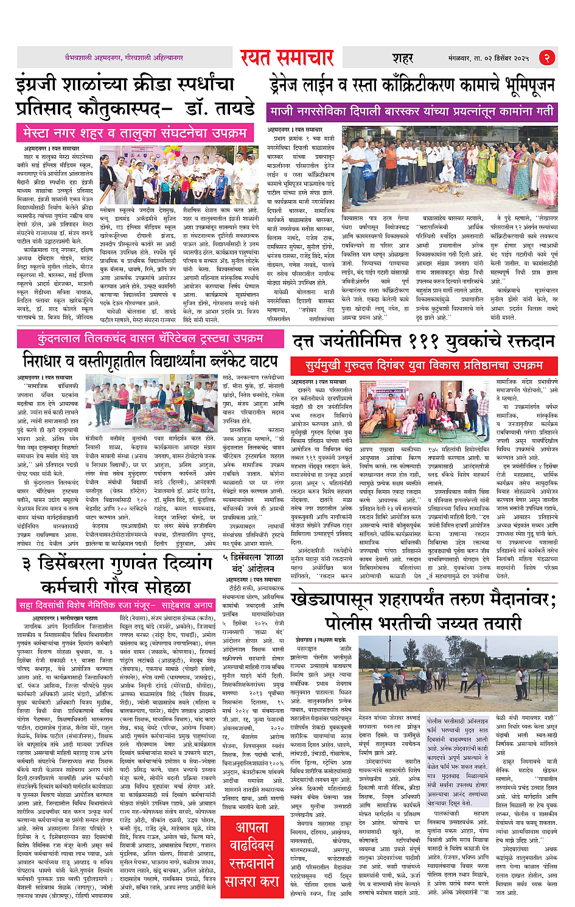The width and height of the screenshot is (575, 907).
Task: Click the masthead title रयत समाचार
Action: tap(287, 58)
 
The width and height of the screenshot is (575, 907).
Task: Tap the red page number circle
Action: tap(547, 58)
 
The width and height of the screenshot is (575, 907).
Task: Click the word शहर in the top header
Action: tap(402, 58)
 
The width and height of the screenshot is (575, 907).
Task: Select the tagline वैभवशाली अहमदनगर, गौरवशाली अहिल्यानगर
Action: tap(124, 58)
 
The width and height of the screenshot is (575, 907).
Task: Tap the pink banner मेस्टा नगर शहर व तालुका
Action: tap(134, 132)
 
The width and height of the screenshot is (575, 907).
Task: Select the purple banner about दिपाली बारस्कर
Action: tap(412, 112)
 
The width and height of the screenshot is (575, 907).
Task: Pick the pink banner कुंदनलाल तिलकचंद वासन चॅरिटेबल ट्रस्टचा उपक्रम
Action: tap(150, 339)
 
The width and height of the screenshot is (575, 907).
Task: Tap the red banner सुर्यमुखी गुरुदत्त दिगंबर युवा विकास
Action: tap(423, 366)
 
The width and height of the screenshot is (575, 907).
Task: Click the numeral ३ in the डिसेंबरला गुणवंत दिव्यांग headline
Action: tap(27, 565)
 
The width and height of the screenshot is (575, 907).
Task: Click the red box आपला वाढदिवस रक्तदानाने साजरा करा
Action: tap(251, 854)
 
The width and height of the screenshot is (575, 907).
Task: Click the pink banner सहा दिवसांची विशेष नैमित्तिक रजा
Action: tap(116, 605)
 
